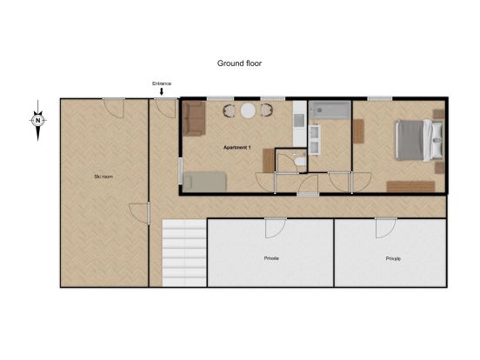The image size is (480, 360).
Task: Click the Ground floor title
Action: pyautogui.click(x=239, y=63)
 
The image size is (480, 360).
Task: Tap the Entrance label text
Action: pyautogui.click(x=162, y=83)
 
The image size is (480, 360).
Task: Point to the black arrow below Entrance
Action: pyautogui.click(x=162, y=91)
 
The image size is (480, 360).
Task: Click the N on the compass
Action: pyautogui.click(x=38, y=120)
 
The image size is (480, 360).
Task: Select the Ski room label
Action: pyautogui.click(x=103, y=177)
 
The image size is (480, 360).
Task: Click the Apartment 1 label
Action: pyautogui.click(x=237, y=148)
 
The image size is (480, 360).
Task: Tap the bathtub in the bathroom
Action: pyautogui.click(x=330, y=110)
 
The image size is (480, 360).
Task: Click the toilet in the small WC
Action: pyautogui.click(x=300, y=161)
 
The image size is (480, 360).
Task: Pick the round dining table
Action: pyautogui.click(x=248, y=110)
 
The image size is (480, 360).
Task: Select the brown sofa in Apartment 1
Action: pyautogui.click(x=194, y=118)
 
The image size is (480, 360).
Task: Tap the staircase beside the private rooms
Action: pyautogui.click(x=184, y=253)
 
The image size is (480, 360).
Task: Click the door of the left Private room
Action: pyautogui.click(x=276, y=228)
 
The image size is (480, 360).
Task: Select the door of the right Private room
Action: pyautogui.click(x=386, y=228)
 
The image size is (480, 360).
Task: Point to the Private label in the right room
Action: pyautogui.click(x=393, y=258)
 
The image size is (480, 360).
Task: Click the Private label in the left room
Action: pyautogui.click(x=271, y=258)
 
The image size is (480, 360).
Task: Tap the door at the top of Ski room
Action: pyautogui.click(x=114, y=108)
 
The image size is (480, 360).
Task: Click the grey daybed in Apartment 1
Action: pyautogui.click(x=205, y=182)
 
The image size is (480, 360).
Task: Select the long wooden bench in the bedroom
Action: pyautogui.click(x=410, y=186)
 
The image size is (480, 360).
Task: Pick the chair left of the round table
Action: pyautogui.click(x=229, y=110)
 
